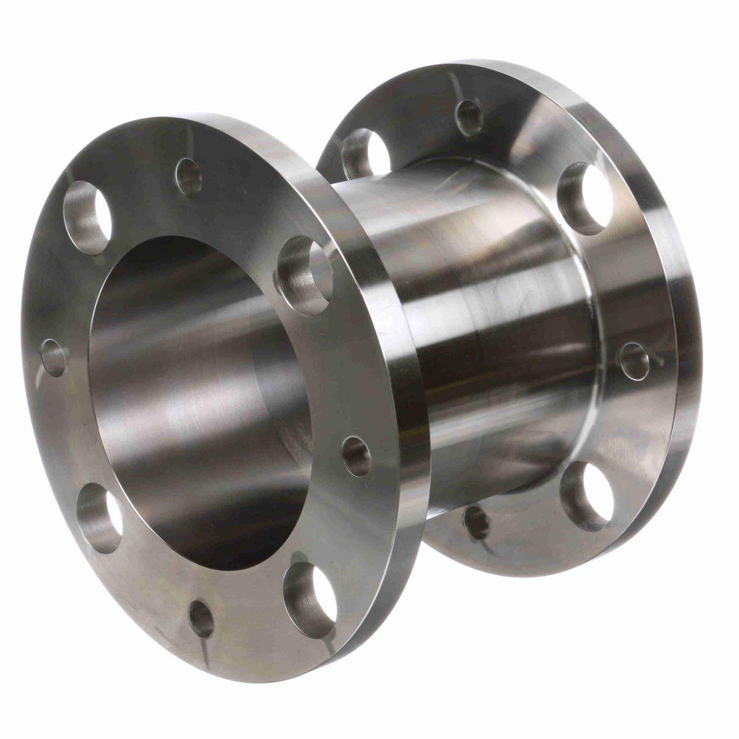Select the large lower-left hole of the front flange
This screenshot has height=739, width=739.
coord(98,516)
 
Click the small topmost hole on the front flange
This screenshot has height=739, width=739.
coord(188,177)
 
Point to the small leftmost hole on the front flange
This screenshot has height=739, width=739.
coord(54,358)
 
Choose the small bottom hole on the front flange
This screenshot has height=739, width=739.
coord(201,618)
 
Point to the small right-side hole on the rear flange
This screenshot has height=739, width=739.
coord(632,360)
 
